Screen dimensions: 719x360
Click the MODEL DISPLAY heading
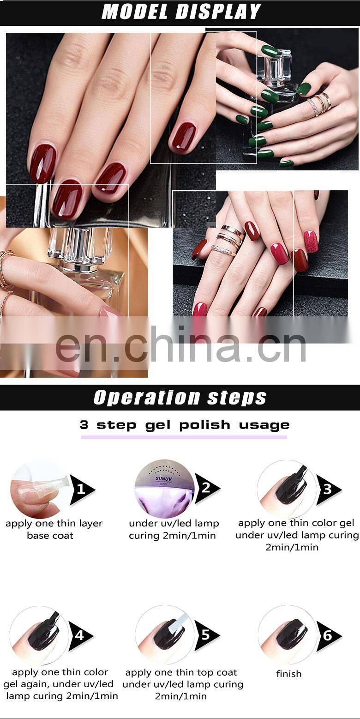click(181, 12)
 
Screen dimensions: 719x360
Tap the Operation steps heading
click(180, 398)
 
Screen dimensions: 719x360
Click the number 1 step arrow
click(82, 489)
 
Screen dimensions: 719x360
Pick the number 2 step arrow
click(206, 488)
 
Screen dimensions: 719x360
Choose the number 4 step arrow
click(80, 635)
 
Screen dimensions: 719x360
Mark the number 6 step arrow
click(328, 636)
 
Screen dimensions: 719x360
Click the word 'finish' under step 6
click(289, 674)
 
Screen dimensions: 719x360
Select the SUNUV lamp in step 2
click(164, 489)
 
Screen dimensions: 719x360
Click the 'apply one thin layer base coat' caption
click(54, 529)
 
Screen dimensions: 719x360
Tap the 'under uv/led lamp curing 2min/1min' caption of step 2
click(174, 529)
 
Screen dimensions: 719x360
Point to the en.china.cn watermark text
click(180, 344)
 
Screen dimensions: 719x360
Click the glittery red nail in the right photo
click(311, 242)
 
